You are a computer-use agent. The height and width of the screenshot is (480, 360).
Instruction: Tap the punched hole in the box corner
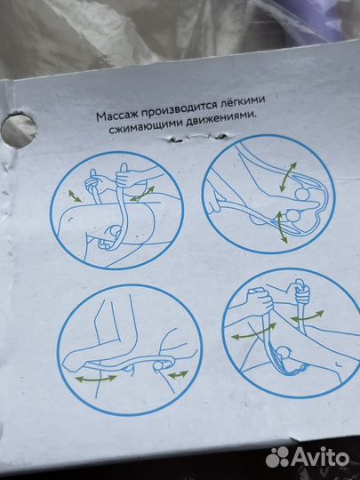pos(18,130)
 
